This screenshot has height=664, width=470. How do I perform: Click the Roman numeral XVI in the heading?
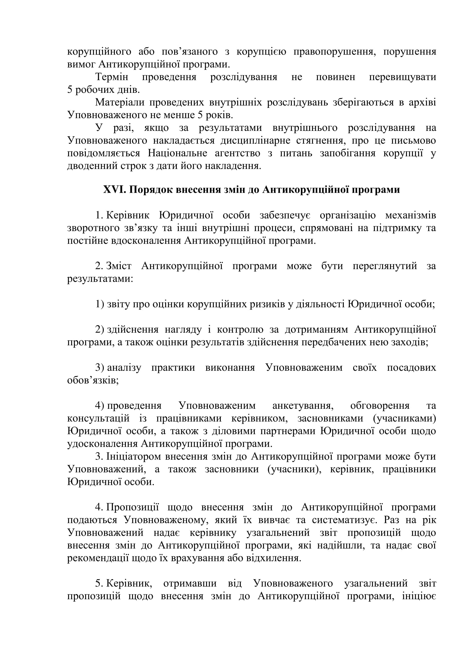[114, 190]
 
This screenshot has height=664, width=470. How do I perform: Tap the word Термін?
[112, 77]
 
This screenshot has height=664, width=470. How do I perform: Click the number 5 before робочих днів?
[70, 90]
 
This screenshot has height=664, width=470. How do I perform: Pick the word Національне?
[177, 153]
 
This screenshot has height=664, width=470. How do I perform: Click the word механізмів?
[410, 215]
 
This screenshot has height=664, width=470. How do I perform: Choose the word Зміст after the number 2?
[119, 266]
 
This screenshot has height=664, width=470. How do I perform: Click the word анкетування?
[303, 406]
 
